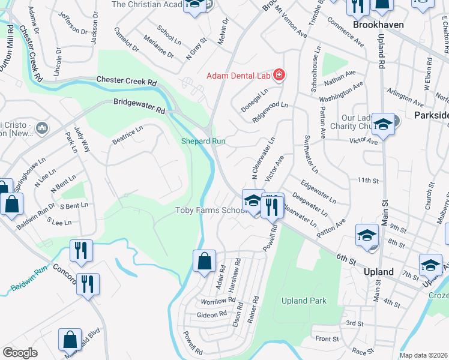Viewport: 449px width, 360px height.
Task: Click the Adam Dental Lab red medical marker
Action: point(279,75)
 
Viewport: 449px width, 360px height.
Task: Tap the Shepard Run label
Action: point(203,141)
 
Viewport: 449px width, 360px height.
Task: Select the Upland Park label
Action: point(304,301)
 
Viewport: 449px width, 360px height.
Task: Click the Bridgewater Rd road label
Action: point(139,106)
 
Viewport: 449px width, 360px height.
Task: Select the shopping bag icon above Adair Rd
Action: point(204,261)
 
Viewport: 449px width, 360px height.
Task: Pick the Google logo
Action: point(20,353)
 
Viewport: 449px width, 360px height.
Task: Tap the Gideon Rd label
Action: point(211,314)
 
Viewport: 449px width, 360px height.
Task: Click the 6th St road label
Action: point(346,259)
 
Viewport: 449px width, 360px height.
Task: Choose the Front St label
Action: point(327,339)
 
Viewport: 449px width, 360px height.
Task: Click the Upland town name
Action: point(379,272)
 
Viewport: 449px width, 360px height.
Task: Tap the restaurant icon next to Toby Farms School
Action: point(273,205)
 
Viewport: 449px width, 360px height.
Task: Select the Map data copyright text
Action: point(423,355)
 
